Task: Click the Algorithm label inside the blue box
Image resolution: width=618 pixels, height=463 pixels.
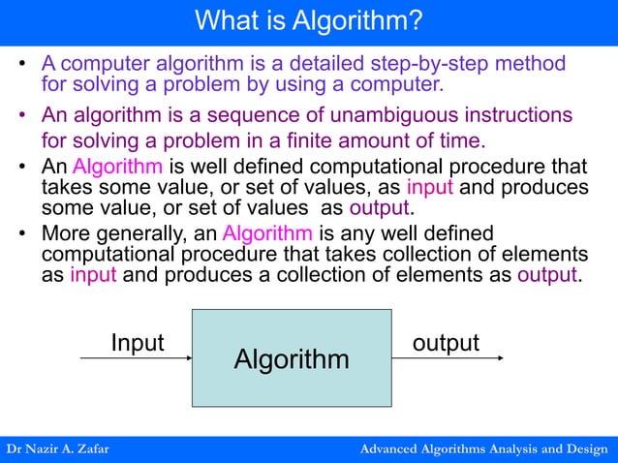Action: pyautogui.click(x=292, y=360)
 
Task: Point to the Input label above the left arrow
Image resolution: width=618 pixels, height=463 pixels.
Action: pyautogui.click(x=138, y=343)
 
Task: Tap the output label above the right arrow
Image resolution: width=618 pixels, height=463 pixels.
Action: pyautogui.click(x=446, y=343)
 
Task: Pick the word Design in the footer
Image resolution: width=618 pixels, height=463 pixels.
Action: pyautogui.click(x=586, y=449)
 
